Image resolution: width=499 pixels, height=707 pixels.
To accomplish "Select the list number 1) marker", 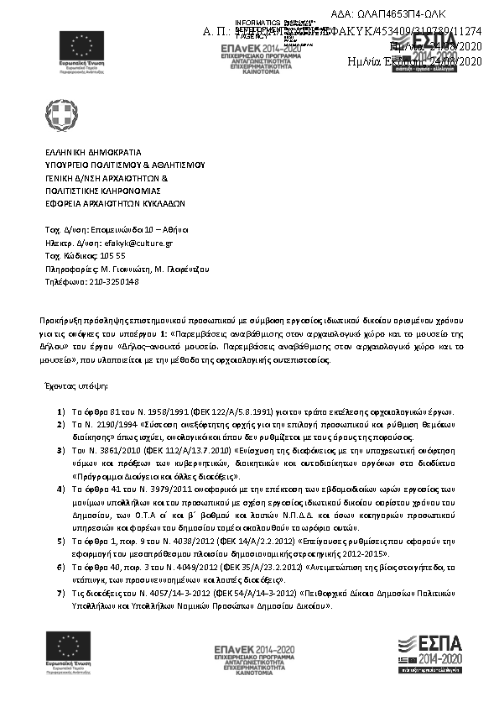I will [61, 412].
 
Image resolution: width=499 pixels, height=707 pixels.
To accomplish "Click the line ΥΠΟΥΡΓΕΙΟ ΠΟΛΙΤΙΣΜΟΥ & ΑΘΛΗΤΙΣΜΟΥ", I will [125, 166].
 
